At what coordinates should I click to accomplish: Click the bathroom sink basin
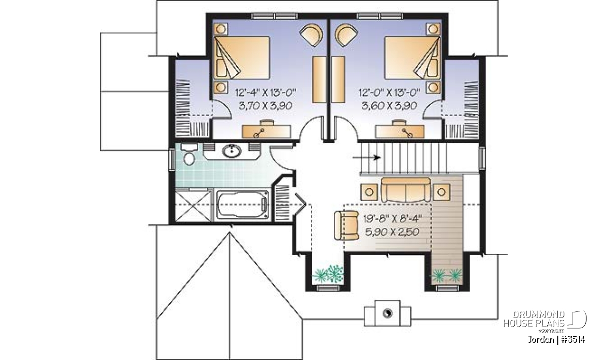tap(232, 151)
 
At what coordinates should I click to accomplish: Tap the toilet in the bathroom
tap(189, 154)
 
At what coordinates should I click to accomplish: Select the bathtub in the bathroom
tap(242, 204)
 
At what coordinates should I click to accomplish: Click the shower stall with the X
tap(193, 206)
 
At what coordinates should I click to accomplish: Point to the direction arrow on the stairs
tap(366, 157)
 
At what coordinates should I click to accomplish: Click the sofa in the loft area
tap(405, 190)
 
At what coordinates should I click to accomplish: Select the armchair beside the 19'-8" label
tap(347, 225)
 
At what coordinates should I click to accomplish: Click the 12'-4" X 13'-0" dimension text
tap(265, 93)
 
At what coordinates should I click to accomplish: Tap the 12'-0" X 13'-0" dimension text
tap(389, 93)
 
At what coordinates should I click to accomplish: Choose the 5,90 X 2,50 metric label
tap(393, 232)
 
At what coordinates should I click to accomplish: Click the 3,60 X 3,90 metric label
tap(389, 105)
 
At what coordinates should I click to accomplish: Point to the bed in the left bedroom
tap(242, 58)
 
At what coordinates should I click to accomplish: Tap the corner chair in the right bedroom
tap(346, 35)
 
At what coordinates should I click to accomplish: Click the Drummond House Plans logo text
tap(534, 319)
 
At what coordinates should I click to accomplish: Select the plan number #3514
tap(573, 340)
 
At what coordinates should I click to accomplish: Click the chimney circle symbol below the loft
tap(387, 313)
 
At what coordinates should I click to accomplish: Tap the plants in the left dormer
tap(328, 274)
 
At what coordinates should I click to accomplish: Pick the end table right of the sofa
tap(442, 192)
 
